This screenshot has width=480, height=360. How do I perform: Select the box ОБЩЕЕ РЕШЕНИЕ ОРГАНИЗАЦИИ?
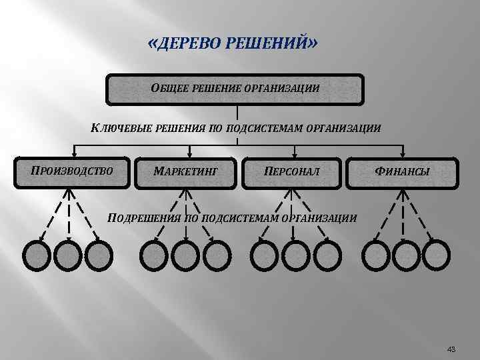236,89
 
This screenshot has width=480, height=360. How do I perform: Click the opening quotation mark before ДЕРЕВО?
153,45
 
